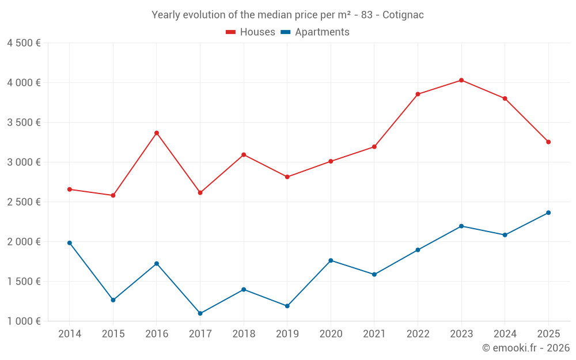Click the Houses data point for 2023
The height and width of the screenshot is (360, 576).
[x=461, y=80]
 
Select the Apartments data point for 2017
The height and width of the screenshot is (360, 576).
[x=200, y=313]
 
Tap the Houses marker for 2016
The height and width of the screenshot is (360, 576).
[x=157, y=133]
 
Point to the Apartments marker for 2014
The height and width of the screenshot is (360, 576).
[x=70, y=243]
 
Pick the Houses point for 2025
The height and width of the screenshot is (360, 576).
[x=548, y=142]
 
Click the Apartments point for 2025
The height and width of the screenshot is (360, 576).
[x=548, y=213]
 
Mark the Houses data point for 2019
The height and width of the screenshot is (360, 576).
[x=287, y=177]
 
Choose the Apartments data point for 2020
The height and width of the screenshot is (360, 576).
[x=331, y=260]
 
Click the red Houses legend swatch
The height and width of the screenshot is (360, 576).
[x=231, y=32]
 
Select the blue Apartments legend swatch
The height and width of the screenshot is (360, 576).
[x=286, y=32]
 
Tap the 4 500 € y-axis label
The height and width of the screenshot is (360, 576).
[x=24, y=43]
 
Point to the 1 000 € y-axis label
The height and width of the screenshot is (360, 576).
[x=24, y=321]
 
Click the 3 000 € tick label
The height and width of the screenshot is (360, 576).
[x=24, y=162]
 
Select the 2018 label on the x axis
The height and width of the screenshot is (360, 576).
[x=244, y=334]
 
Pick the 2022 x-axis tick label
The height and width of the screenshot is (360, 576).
[x=418, y=334]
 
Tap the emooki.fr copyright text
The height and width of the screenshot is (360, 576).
[x=526, y=348]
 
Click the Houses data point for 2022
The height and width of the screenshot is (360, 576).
[x=418, y=94]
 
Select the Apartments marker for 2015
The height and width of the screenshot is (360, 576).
[x=113, y=300]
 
